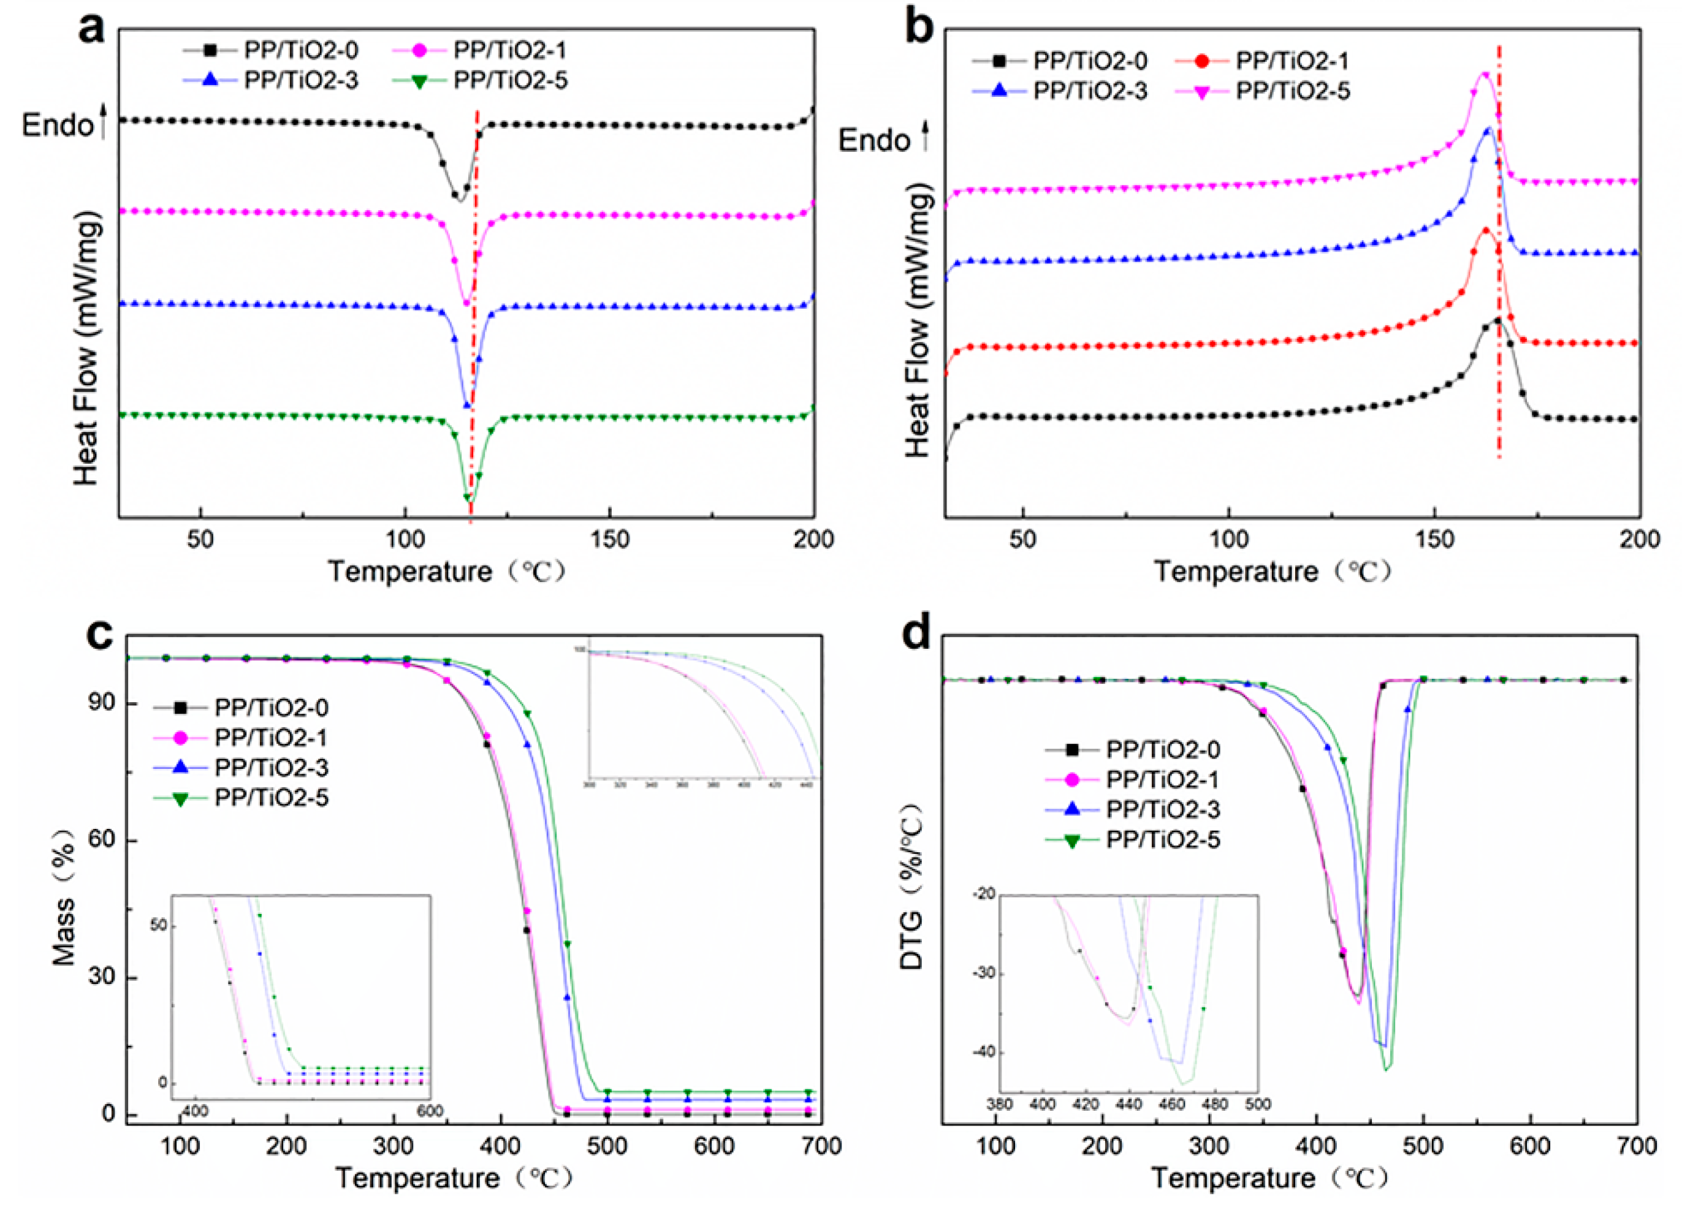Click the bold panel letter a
93,30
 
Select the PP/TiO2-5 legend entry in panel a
510,80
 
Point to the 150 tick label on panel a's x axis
609,539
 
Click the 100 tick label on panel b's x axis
1227,539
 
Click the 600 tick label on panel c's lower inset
430,1111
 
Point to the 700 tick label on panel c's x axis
821,1145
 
